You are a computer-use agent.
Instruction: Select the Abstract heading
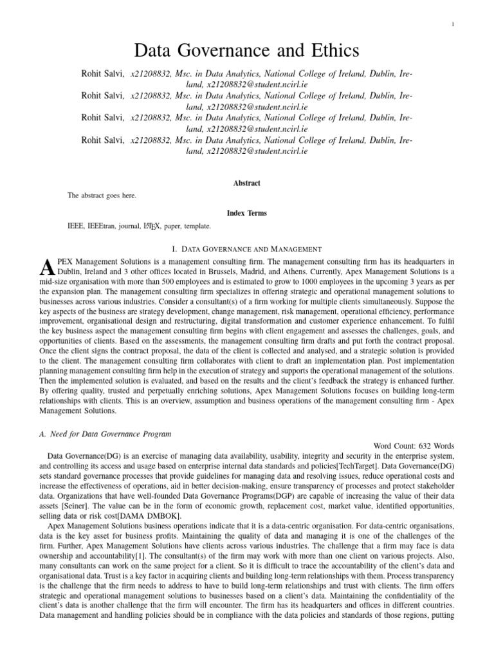click(x=247, y=183)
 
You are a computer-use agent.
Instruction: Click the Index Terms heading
click(x=247, y=213)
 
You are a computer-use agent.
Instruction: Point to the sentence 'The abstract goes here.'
click(x=102, y=196)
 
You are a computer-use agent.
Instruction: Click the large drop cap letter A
click(x=45, y=266)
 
